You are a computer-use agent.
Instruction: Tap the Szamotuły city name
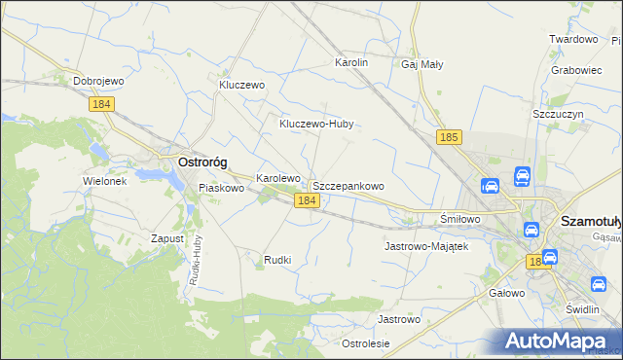pos(591,222)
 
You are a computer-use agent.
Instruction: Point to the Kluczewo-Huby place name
pos(315,125)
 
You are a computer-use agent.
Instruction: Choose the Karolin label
pos(351,62)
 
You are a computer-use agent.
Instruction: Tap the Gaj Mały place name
pos(421,64)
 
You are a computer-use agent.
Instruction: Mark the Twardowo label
pos(572,39)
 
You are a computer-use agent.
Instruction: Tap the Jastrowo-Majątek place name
pos(426,246)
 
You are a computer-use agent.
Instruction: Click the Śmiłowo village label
pos(460,219)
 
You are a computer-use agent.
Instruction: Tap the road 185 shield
pos(449,138)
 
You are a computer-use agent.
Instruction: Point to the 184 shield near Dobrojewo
pos(101,103)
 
